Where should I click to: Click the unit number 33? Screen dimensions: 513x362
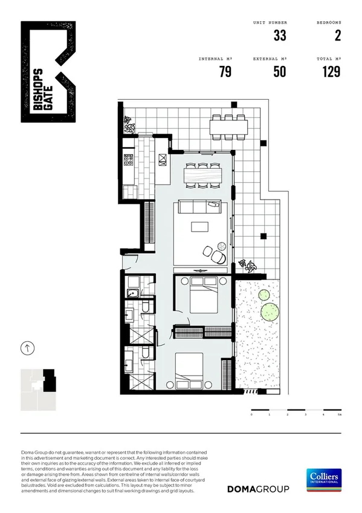click(279, 36)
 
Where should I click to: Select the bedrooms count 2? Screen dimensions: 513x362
click(337, 36)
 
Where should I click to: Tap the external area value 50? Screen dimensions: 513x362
click(279, 72)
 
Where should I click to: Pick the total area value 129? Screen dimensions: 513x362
click(331, 72)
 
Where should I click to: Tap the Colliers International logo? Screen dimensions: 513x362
click(323, 480)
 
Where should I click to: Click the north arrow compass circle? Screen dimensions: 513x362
click(27, 348)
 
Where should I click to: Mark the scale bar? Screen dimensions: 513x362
click(296, 411)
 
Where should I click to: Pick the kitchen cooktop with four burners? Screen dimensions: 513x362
click(128, 160)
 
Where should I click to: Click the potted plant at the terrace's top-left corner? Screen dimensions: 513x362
click(128, 124)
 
